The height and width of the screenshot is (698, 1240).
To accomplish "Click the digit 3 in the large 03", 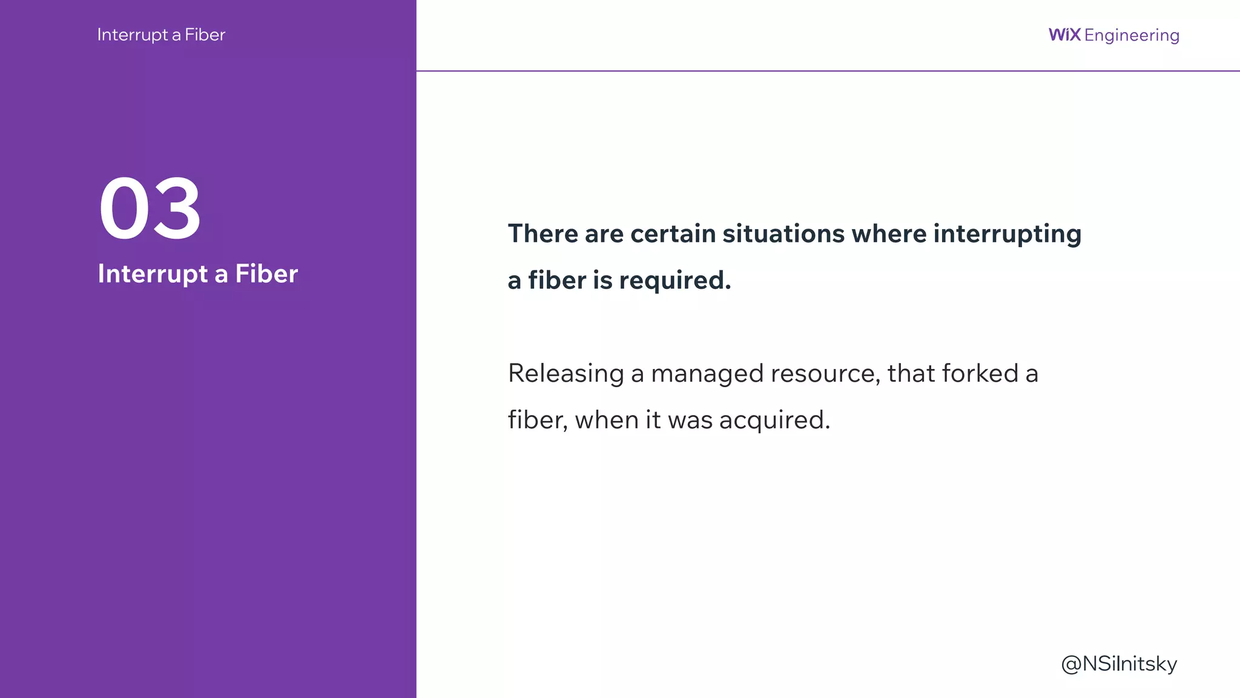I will pyautogui.click(x=176, y=209).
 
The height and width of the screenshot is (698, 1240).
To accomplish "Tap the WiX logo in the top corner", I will pyautogui.click(x=1064, y=35).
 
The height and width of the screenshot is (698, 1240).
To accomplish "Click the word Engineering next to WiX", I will pyautogui.click(x=1132, y=36).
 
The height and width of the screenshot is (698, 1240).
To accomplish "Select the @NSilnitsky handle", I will pyautogui.click(x=1119, y=664).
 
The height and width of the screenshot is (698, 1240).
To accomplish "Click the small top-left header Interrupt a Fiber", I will pyautogui.click(x=161, y=35).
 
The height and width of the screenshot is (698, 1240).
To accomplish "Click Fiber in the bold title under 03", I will pyautogui.click(x=266, y=274).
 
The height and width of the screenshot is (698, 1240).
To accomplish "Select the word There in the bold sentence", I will pyautogui.click(x=542, y=234).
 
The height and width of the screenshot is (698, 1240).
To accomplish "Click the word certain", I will pyautogui.click(x=673, y=234).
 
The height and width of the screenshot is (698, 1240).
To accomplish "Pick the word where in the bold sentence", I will pyautogui.click(x=888, y=234).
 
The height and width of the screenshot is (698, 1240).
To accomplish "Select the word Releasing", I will pyautogui.click(x=566, y=374).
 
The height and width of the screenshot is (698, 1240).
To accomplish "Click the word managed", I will pyautogui.click(x=707, y=374).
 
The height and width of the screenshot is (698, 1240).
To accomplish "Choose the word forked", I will pyautogui.click(x=980, y=373).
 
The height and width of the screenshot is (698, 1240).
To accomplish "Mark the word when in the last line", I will pyautogui.click(x=606, y=420).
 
